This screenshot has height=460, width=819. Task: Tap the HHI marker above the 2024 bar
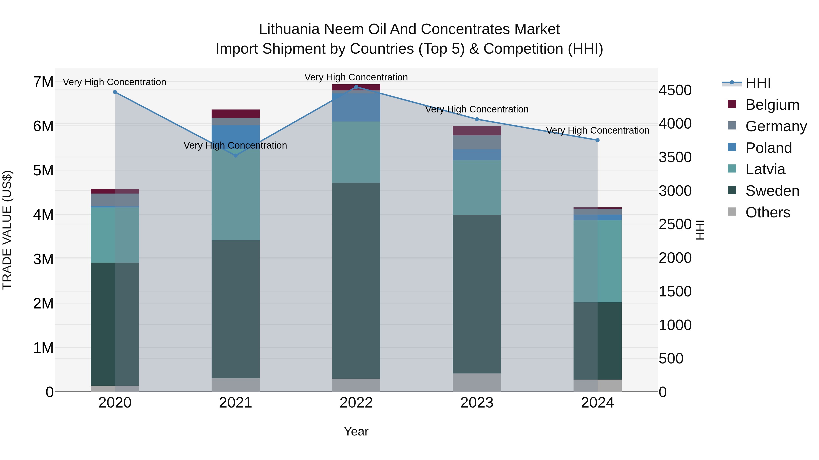(x=597, y=140)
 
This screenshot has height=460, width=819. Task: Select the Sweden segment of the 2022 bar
(x=356, y=281)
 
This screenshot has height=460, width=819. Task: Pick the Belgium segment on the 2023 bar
(x=477, y=131)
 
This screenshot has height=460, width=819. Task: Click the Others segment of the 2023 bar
(x=477, y=383)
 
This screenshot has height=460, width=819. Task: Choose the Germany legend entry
(x=776, y=126)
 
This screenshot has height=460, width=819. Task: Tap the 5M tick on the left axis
(x=43, y=170)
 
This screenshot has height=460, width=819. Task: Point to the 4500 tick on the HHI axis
(x=675, y=90)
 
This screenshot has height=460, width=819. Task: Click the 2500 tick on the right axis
(x=675, y=224)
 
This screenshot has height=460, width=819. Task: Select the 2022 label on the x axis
(x=356, y=403)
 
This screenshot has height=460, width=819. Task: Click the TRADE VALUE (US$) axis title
(x=7, y=230)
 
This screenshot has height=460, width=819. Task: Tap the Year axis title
(x=356, y=431)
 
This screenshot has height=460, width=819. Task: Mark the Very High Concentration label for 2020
(x=114, y=82)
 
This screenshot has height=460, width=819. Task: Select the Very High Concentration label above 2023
(x=477, y=109)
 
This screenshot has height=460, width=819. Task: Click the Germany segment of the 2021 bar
(x=236, y=122)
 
